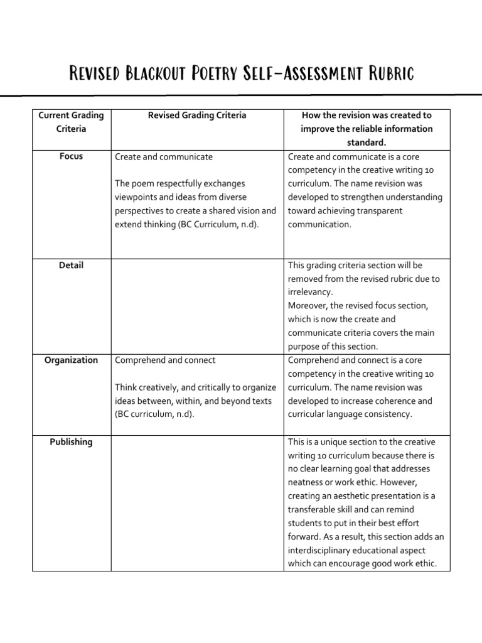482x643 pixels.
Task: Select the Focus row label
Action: pos(71,156)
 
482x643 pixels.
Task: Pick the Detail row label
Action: pos(71,266)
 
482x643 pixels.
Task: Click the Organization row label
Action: pos(71,360)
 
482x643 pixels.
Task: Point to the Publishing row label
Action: pos(71,442)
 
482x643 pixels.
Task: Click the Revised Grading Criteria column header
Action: pos(196,116)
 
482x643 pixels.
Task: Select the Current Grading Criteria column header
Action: pos(71,122)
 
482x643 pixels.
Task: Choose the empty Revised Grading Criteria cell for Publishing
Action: pos(196,502)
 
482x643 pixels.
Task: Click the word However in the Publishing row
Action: pos(409,482)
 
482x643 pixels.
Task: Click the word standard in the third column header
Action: pos(366,143)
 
